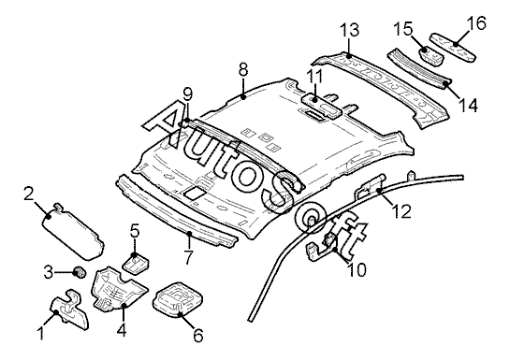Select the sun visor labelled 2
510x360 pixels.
pos(74,231)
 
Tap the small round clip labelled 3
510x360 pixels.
pos(80,272)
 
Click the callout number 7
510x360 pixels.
pos(189,257)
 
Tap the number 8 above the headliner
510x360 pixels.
pos(243,70)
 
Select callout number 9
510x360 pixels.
pos(188,94)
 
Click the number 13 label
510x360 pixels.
pos(350,30)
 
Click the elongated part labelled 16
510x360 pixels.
pos(453,48)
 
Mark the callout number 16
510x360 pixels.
pos(477,23)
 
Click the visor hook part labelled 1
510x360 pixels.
pos(69,307)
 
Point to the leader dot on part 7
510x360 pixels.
pos(190,233)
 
